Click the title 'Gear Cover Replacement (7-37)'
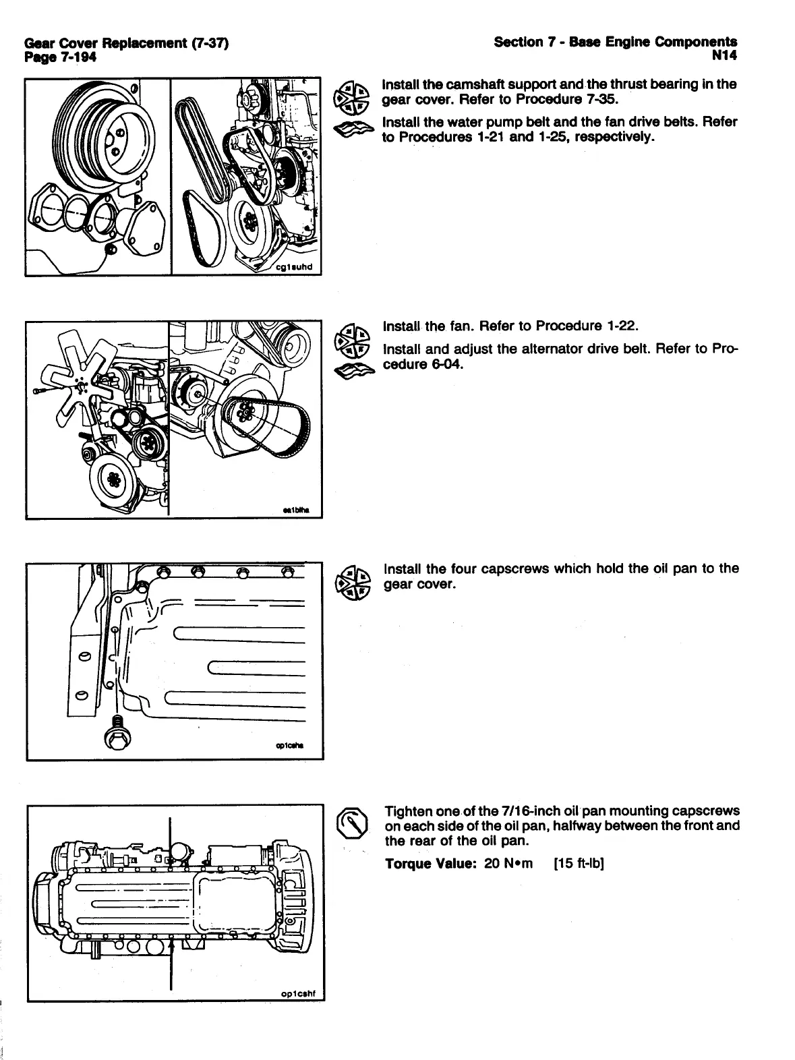point(126,44)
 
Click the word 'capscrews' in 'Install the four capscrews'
point(514,568)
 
